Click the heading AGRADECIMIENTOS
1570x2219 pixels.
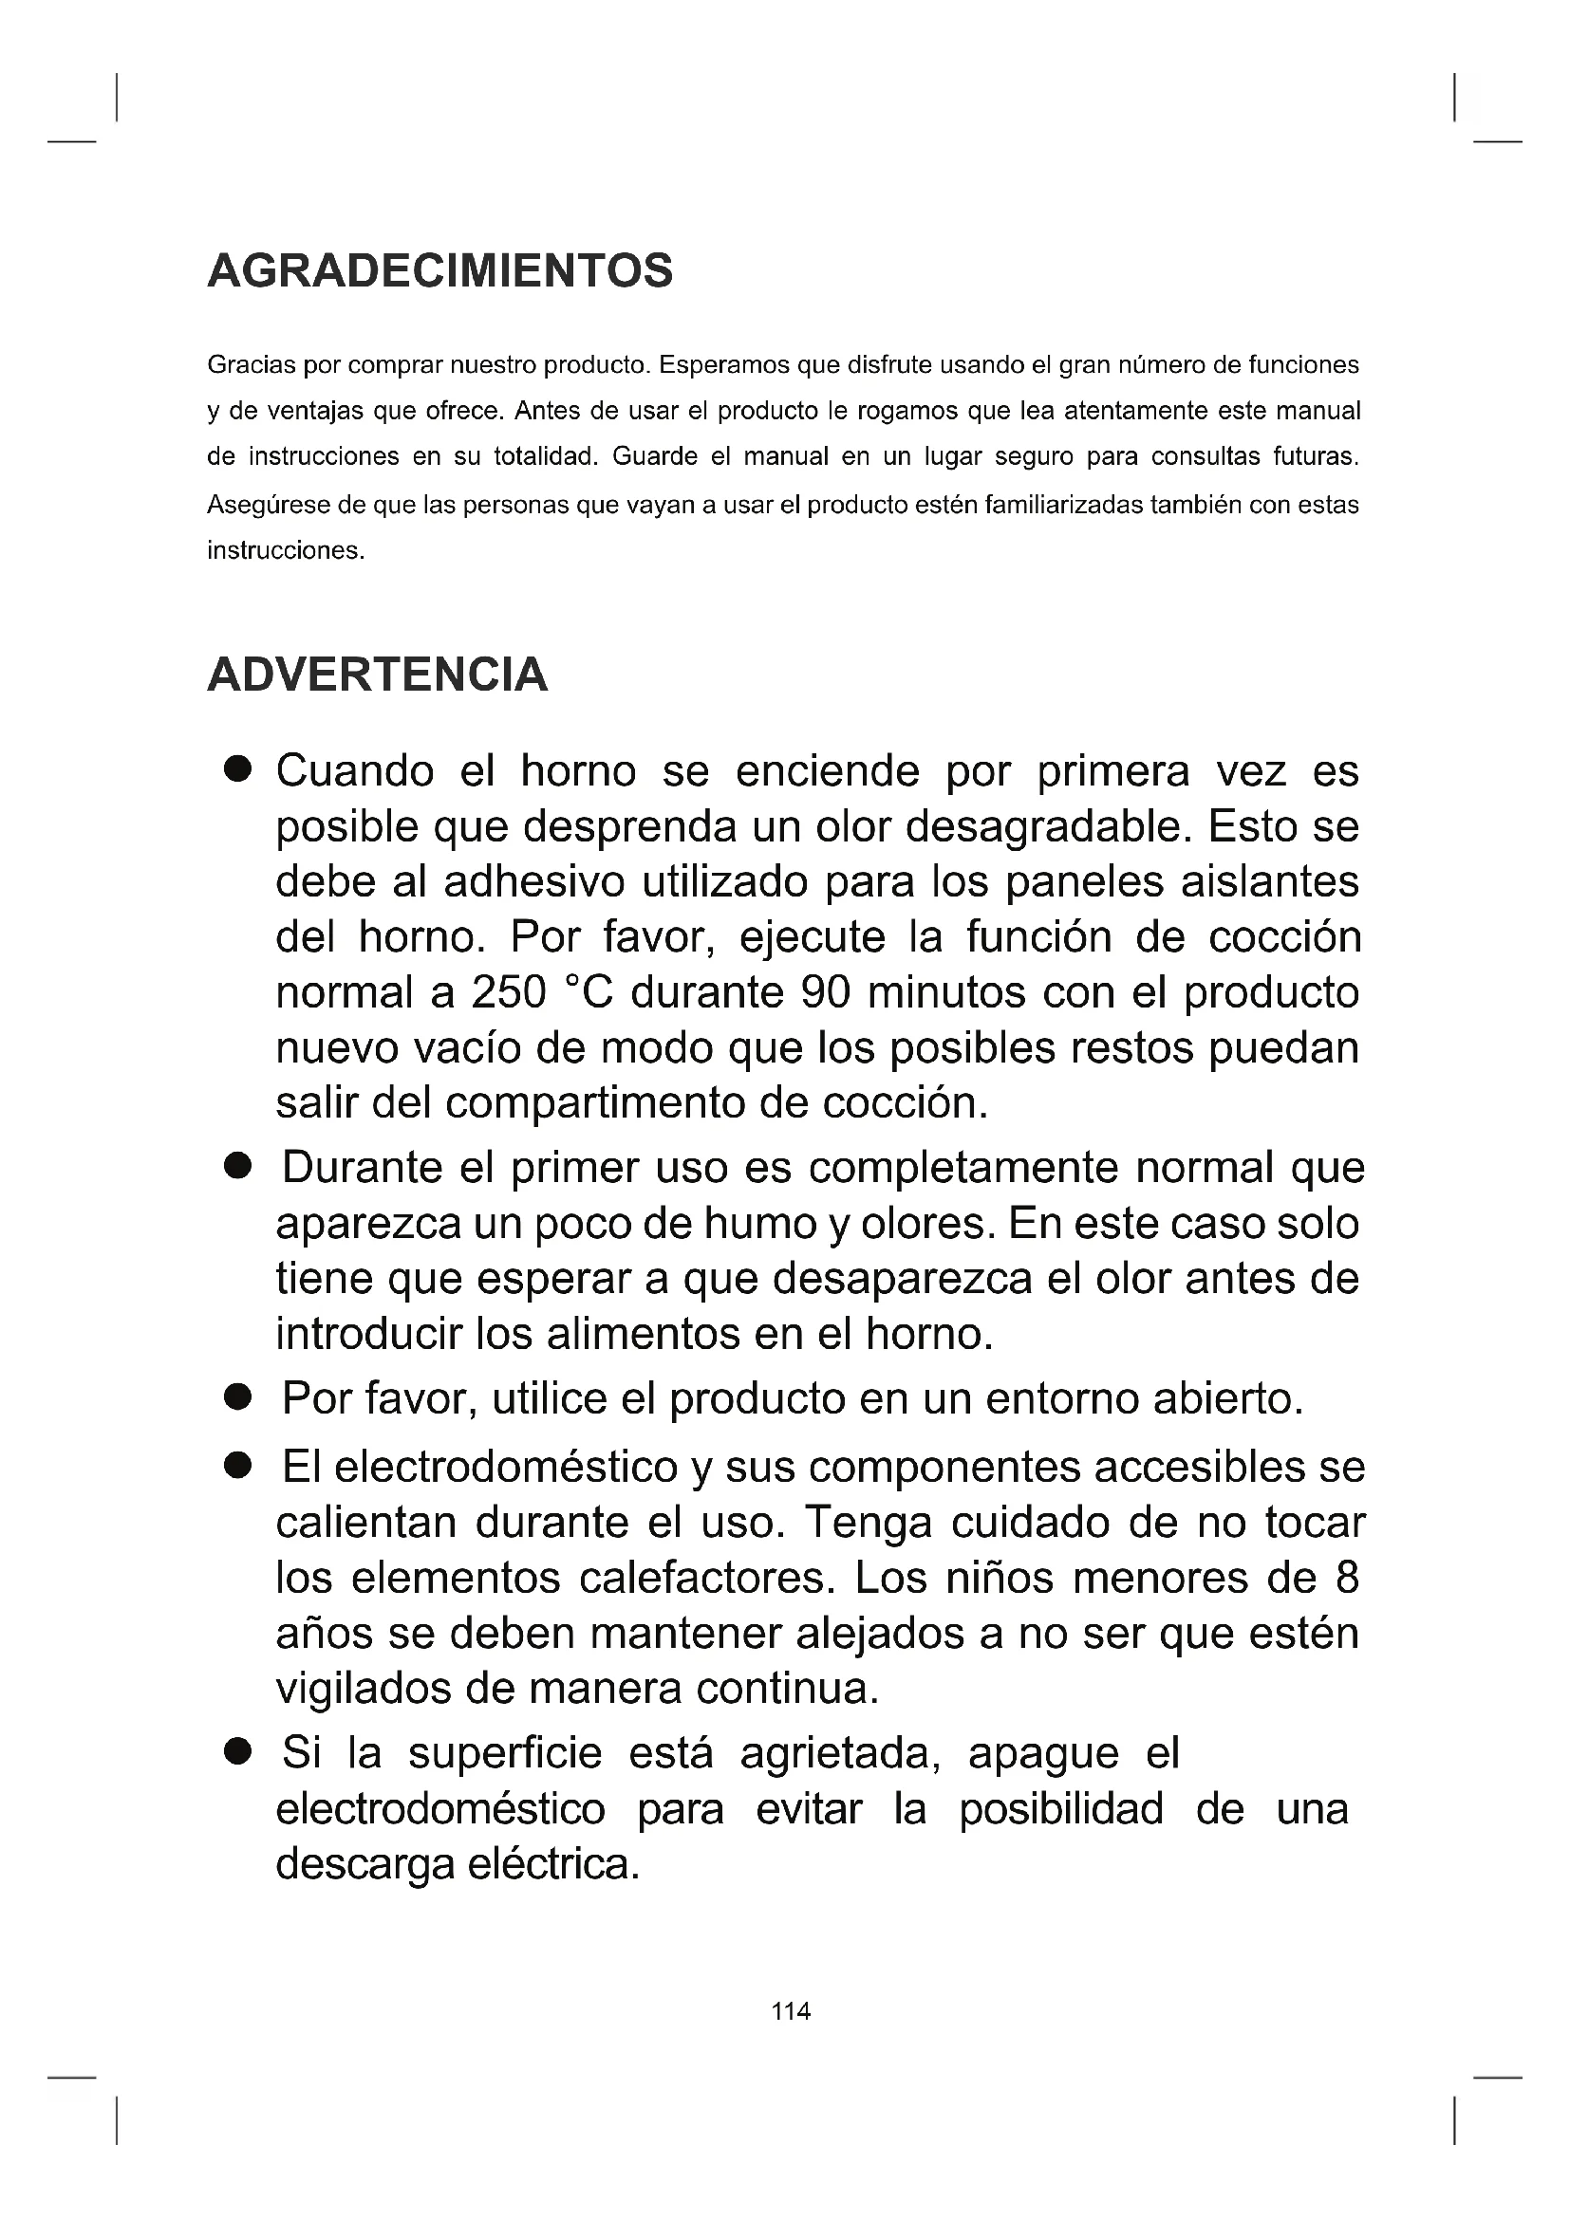[439, 270]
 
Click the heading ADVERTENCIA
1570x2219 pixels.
[377, 675]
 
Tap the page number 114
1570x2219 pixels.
[791, 2011]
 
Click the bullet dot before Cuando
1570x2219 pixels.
[237, 770]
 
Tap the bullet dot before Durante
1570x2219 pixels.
[237, 1167]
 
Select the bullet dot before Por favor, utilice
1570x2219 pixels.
[237, 1397]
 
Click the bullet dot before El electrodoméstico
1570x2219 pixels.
[237, 1466]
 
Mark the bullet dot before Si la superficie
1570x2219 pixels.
[237, 1752]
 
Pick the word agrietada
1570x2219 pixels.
[840, 1753]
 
